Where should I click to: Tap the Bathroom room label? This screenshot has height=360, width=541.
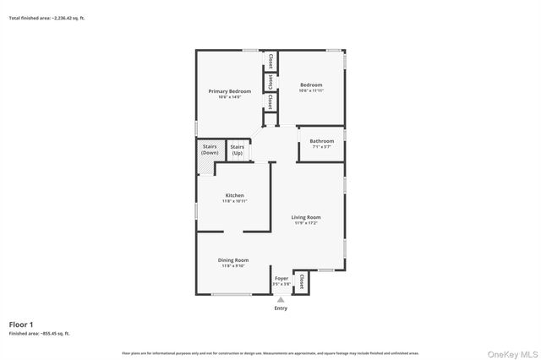(x=321, y=141)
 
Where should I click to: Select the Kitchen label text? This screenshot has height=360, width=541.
(x=234, y=195)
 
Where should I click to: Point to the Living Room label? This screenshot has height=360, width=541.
(x=307, y=217)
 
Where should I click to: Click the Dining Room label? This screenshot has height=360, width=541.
(x=234, y=259)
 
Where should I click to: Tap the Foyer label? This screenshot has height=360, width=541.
(x=281, y=278)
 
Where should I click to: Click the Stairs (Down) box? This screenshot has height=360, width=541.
(x=210, y=150)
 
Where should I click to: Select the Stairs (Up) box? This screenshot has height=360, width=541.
(x=238, y=150)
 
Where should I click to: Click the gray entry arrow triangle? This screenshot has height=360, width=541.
(x=281, y=299)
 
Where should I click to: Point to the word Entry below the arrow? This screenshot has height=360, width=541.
(x=281, y=308)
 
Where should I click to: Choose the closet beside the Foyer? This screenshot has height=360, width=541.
(x=301, y=281)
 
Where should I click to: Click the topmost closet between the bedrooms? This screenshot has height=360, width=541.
(x=270, y=62)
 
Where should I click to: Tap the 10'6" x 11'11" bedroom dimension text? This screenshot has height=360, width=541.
(x=311, y=90)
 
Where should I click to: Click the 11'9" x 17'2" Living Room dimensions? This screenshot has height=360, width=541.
(x=307, y=223)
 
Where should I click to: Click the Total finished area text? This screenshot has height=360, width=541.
(x=46, y=18)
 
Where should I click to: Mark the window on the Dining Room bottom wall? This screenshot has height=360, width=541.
(x=233, y=294)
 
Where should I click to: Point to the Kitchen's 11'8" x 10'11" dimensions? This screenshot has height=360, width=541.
(x=234, y=201)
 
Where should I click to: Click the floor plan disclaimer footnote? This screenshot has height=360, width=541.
(x=270, y=352)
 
